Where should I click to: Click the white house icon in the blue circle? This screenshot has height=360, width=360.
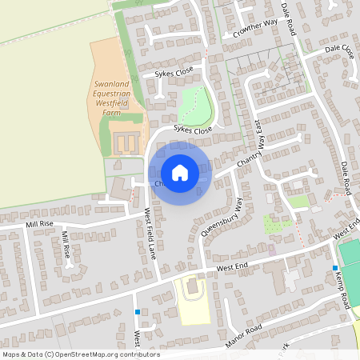(x=179, y=173)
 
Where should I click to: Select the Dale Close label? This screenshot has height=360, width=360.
(x=339, y=50)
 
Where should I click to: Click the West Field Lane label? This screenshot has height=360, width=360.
(x=150, y=233)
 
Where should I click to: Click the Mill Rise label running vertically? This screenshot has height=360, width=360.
(x=66, y=243)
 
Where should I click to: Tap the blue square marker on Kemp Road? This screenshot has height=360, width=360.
(x=335, y=267)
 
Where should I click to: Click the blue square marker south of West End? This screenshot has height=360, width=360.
(x=138, y=312)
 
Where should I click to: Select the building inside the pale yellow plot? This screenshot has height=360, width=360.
(x=191, y=286)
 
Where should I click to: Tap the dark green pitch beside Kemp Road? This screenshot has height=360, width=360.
(x=350, y=254)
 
